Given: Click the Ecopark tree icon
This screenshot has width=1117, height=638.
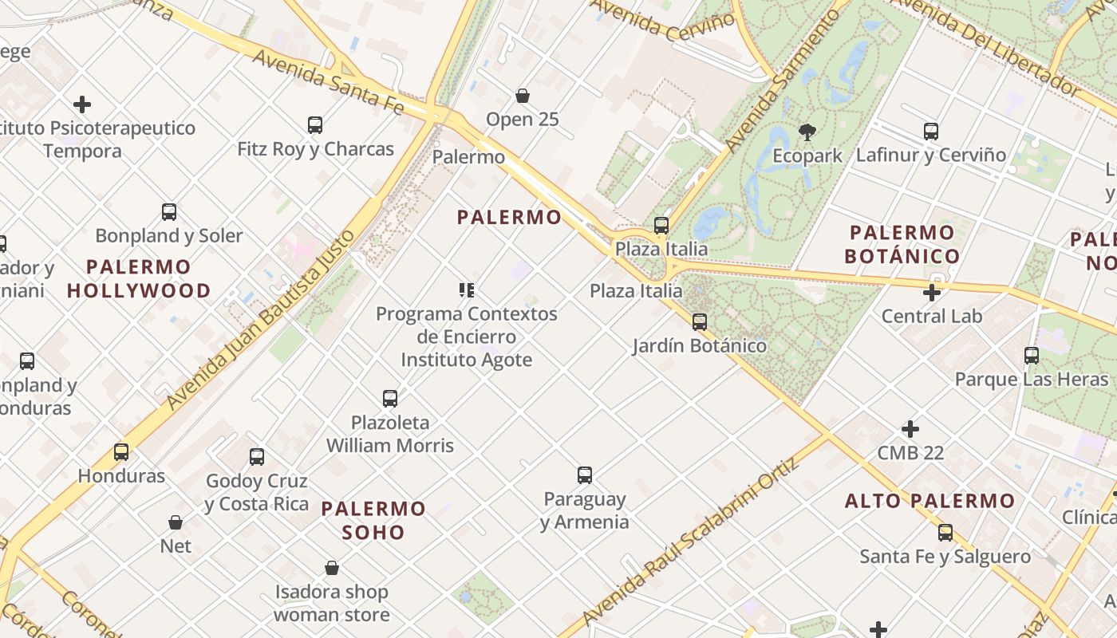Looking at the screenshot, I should point(807,132).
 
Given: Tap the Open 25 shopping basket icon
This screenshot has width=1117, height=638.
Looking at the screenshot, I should point(523,96).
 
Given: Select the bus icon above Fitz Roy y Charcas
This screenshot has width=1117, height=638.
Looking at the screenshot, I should point(315,125).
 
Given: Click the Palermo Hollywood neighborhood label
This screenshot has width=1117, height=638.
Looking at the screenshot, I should point(139,278).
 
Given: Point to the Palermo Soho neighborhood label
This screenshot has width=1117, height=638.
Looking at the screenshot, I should point(373,520).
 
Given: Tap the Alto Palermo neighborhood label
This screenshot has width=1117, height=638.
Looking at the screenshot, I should point(930,501).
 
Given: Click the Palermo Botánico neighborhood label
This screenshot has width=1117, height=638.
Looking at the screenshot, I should point(902,244).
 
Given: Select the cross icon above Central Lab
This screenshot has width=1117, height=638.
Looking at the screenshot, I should point(931,293).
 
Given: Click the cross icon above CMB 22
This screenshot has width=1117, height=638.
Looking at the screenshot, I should point(910,429).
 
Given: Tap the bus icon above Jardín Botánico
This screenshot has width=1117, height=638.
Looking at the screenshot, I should point(700,322).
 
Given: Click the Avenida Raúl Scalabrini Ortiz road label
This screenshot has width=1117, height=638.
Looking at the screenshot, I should point(691,542).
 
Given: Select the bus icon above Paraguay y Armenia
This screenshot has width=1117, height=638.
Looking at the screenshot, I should point(585,475).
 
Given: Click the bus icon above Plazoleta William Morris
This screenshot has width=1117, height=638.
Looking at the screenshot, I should point(390,399).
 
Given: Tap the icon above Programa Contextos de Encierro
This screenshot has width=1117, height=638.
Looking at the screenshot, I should point(467,290).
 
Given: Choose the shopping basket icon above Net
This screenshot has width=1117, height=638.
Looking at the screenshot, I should point(176,522).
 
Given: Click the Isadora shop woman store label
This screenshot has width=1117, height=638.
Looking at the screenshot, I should point(332,603).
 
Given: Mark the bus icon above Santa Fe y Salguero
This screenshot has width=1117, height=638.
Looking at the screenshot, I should point(945,532).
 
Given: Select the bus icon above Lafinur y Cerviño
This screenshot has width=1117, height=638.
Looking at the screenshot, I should point(931,132).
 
